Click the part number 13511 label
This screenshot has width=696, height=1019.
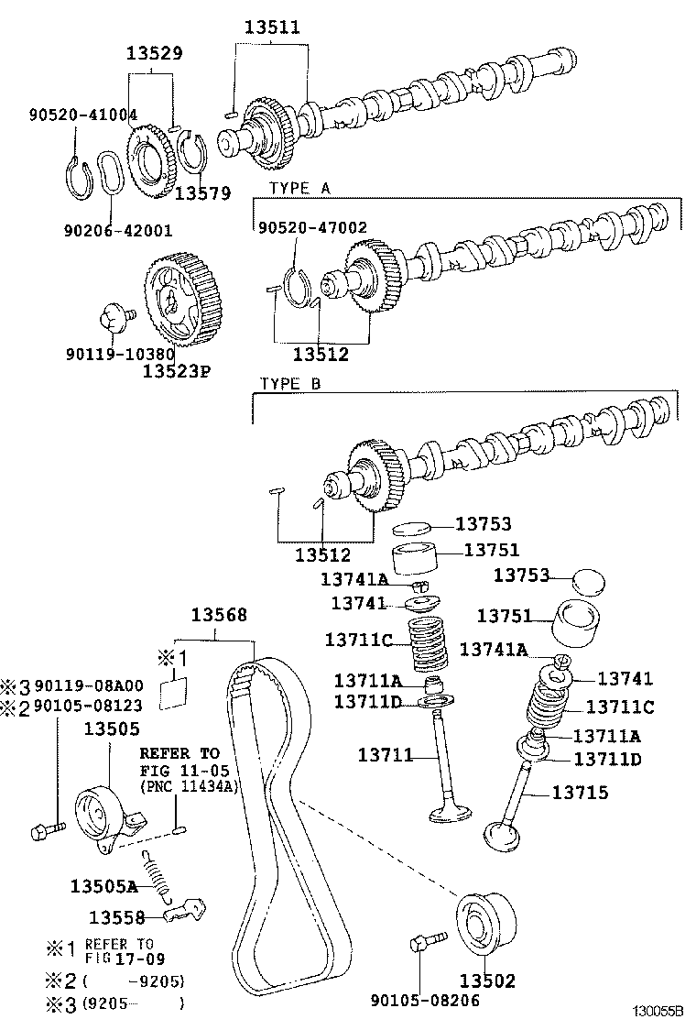pos(271,27)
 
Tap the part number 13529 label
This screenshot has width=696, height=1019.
pos(154,53)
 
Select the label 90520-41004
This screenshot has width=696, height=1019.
pos(82,115)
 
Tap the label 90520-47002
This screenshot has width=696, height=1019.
pos(312,227)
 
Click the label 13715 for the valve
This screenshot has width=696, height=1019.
pos(579,792)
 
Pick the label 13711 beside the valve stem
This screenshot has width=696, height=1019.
pos(385,755)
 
